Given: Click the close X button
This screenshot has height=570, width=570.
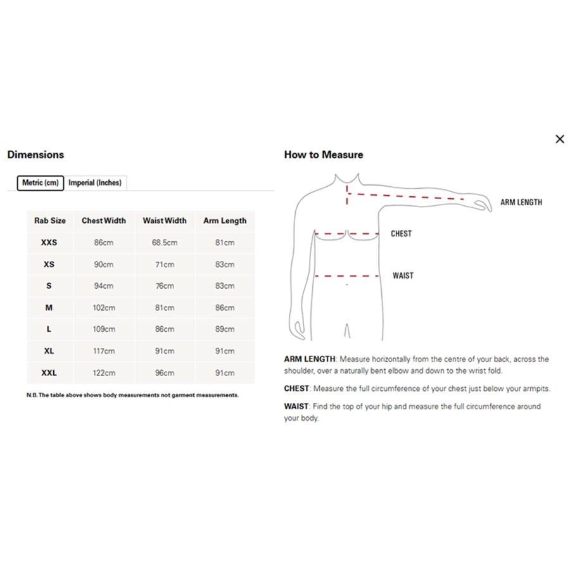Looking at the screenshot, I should pos(559,139).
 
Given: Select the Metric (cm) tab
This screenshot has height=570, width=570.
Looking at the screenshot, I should pos(40,183).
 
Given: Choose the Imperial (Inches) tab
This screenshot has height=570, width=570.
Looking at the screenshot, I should pos(95,183).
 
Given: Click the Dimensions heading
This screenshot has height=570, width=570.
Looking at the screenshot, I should pos(35,155).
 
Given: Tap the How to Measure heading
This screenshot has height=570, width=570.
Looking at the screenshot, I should pos(323,155).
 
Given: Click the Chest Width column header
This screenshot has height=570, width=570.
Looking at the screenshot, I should pos(104,221).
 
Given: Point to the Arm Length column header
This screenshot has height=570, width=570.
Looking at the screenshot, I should pos(225,221).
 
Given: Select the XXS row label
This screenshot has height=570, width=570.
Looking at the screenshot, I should pos(49,243).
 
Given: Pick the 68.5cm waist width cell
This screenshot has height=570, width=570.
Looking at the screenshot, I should pos(165,243).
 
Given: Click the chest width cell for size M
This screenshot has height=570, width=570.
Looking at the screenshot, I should pos(104,308).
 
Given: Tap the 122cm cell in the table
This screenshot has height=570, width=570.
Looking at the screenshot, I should pos(104,373).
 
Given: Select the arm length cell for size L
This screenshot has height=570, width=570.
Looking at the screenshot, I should pos(225,329).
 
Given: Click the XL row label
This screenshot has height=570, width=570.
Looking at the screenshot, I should pos(49,351).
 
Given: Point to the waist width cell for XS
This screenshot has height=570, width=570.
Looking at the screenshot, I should pos(165,265).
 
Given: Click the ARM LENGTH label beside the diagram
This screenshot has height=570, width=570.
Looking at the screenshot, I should pos(521,203).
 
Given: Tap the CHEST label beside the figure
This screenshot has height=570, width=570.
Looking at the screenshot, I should pos(401,234).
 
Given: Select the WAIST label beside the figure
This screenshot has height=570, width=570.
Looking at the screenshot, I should pos(403,275).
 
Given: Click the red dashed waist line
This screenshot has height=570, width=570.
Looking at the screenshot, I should pos(347,276).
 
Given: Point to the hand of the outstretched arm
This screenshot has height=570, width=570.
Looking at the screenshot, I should pos(482,203).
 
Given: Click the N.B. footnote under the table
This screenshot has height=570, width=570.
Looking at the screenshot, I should pos(132,395).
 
